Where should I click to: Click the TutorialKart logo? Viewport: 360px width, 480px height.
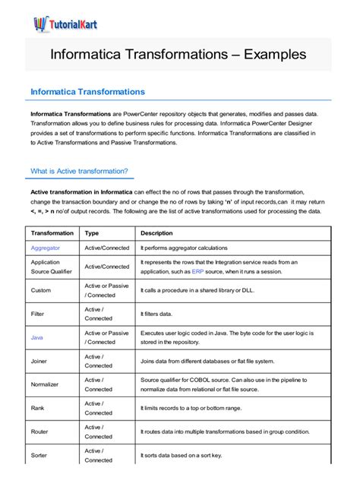coord(65,24)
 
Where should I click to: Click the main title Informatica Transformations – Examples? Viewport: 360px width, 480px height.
coord(178,55)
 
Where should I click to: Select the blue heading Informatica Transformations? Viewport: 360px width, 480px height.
coord(87,92)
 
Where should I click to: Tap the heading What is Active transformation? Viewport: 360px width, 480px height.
coord(79,171)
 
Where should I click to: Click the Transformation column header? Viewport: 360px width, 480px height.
coord(52,233)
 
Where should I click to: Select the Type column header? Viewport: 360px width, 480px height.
coord(92,233)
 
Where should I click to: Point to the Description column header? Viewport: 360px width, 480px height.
coord(157,233)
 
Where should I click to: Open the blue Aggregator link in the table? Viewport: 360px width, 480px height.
coord(45,248)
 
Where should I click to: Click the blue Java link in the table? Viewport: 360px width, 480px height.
coord(37,336)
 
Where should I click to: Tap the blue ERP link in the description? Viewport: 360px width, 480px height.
coord(197,271)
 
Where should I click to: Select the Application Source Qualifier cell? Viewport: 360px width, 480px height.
coord(50,267)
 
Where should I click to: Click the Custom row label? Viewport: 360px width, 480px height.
coord(41,290)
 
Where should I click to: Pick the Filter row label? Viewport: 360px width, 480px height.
coord(37,314)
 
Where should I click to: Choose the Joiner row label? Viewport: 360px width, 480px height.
coord(39,361)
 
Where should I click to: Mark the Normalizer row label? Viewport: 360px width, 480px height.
coord(45,384)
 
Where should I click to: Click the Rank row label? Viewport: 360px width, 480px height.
coord(38,408)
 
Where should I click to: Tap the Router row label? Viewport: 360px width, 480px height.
coord(39,431)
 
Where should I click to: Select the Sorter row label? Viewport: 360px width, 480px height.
coord(39,455)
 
